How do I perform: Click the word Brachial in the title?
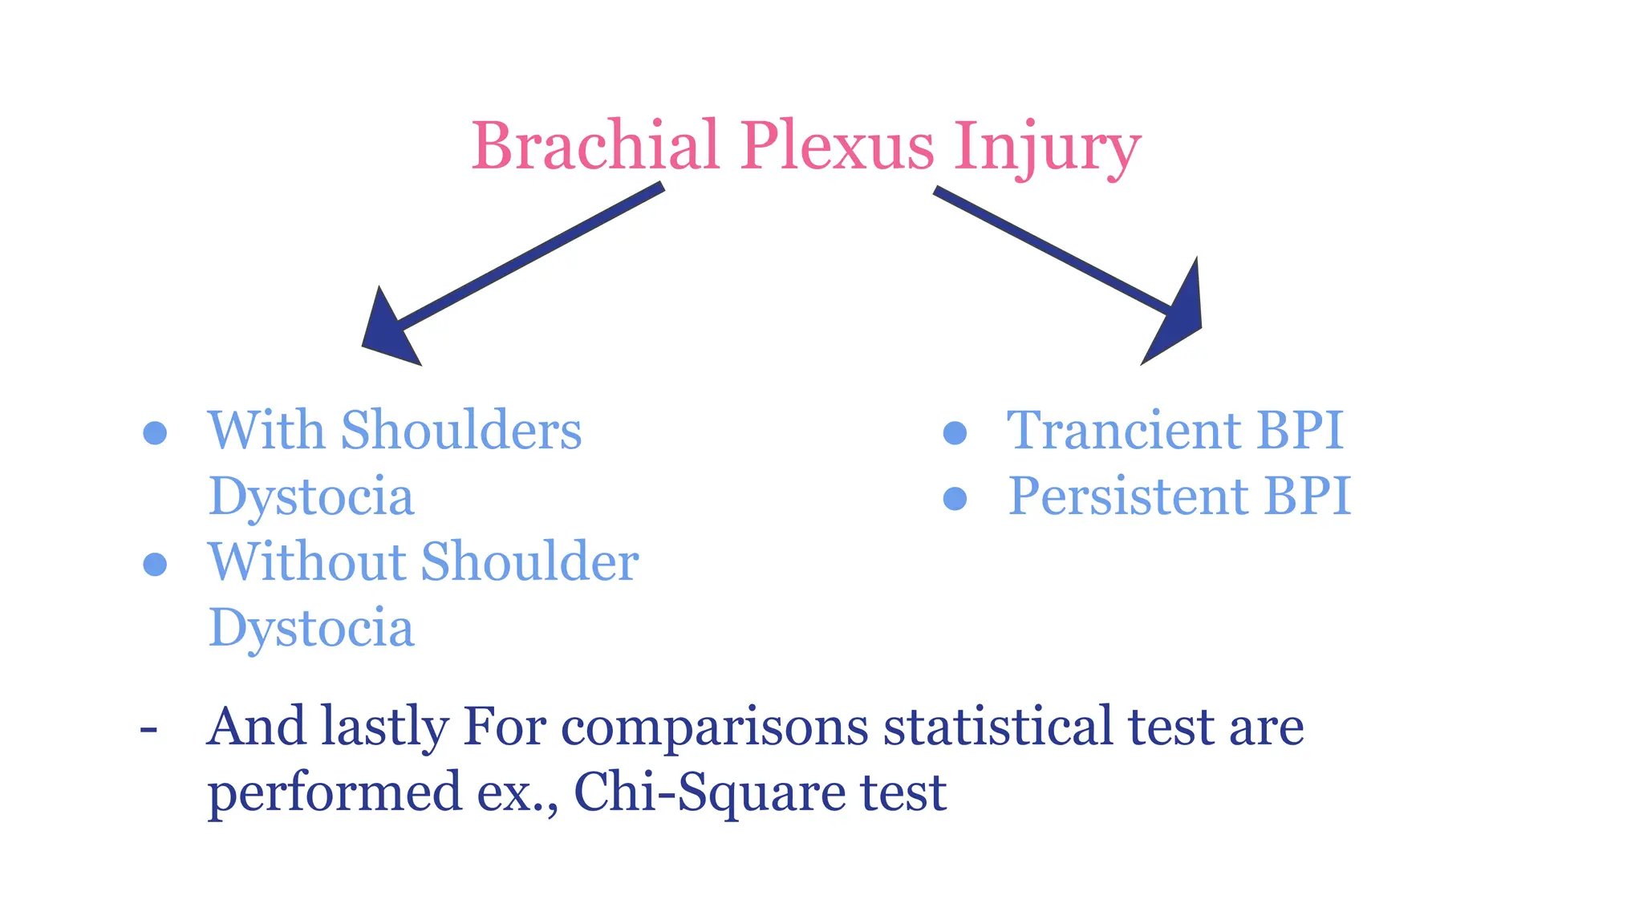[594, 146]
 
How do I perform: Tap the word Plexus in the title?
[837, 146]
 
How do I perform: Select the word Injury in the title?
[1047, 148]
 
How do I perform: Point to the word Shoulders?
[461, 431]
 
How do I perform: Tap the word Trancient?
[1123, 431]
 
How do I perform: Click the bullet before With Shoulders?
[155, 433]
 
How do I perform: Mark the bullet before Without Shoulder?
[155, 564]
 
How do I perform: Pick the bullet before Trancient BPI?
[955, 433]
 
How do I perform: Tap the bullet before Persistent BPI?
[955, 499]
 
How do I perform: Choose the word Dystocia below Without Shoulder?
[311, 628]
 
